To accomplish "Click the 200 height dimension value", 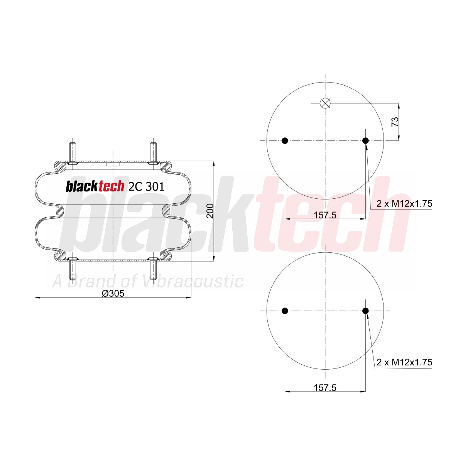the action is coord(210,211).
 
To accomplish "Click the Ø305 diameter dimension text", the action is coord(113,293).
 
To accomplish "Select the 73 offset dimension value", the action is coord(395,122).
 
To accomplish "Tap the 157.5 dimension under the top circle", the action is coord(325,215).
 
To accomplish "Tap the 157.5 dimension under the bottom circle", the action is coord(325,387).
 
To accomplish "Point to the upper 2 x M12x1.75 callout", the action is coord(404,204).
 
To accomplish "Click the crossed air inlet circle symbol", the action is coord(325,103).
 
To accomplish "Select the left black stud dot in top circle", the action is coord(285,140).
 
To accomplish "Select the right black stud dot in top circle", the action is coord(365,140).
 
